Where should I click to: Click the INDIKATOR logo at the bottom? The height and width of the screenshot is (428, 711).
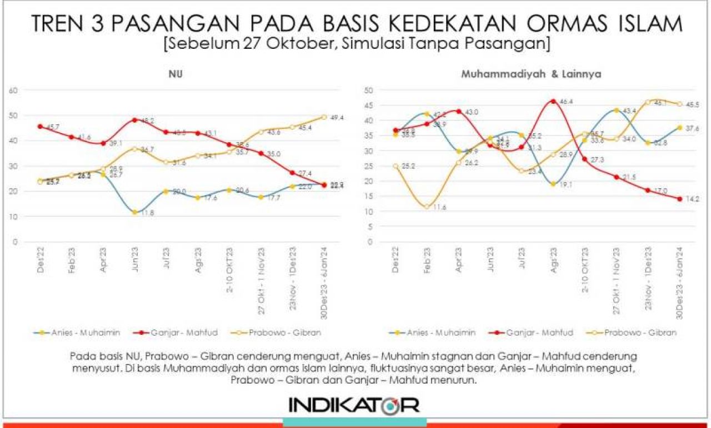[354, 404]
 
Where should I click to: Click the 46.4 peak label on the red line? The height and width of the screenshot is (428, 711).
[568, 102]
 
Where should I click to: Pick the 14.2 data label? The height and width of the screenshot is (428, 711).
[693, 199]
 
